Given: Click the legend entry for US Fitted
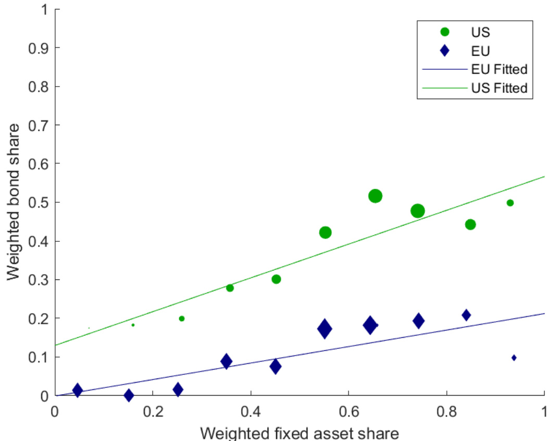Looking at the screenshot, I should click(x=499, y=88).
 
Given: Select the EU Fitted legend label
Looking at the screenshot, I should click(x=499, y=69).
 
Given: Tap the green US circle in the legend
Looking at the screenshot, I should click(x=444, y=32).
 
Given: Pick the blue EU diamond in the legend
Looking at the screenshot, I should click(x=444, y=51).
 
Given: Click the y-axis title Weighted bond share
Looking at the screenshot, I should click(x=14, y=202).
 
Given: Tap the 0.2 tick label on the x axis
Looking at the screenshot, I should click(x=153, y=410).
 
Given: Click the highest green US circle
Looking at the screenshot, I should click(x=375, y=196).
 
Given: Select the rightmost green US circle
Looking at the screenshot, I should click(x=510, y=203).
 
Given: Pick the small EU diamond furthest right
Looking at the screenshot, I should click(x=514, y=358).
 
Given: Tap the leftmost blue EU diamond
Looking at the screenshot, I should click(x=78, y=390).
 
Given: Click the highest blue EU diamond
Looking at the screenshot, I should click(x=466, y=315).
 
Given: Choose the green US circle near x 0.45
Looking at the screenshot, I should click(x=276, y=279).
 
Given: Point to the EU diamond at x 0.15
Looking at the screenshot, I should click(x=129, y=395).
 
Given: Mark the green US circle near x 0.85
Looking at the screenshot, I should click(x=470, y=225).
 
